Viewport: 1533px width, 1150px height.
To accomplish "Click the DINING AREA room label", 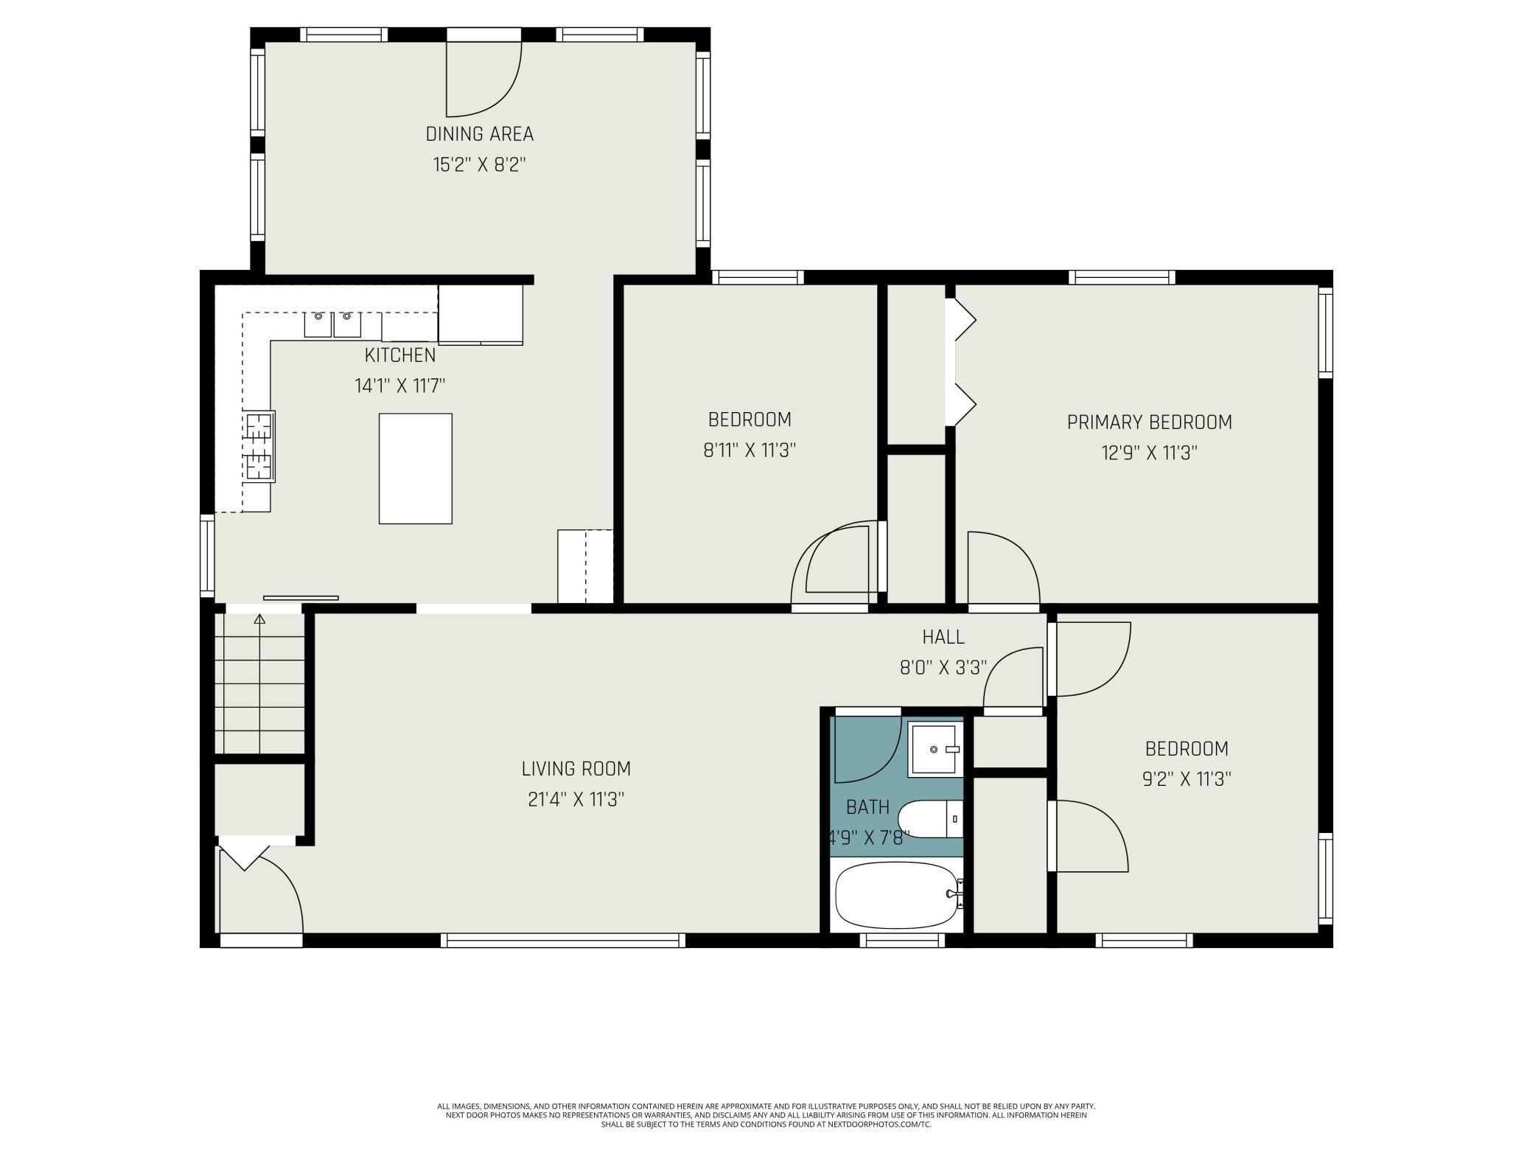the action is [x=480, y=134].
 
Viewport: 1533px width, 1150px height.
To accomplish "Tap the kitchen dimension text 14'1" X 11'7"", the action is [x=400, y=386].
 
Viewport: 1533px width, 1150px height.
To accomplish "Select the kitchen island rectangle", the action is [x=416, y=469].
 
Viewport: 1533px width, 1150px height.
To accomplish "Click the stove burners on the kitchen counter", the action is [x=259, y=447].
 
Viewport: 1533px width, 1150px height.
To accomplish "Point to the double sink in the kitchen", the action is [x=333, y=324].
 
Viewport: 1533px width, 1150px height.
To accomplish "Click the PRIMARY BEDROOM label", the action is [x=1150, y=422].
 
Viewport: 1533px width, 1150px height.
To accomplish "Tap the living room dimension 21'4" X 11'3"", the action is [x=576, y=799].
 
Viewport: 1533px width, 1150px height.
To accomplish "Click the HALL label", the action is [x=943, y=637].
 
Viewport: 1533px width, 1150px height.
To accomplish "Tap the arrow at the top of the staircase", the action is [x=259, y=619].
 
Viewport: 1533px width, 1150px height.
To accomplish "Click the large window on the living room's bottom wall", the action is [x=563, y=941].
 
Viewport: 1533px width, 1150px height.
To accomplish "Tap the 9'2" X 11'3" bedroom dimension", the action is [x=1187, y=779].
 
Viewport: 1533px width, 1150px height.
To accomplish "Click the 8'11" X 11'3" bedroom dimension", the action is [x=750, y=450].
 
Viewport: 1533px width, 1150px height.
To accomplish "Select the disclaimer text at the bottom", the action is [x=766, y=1115].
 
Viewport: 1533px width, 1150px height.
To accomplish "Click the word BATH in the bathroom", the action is [x=867, y=807].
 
